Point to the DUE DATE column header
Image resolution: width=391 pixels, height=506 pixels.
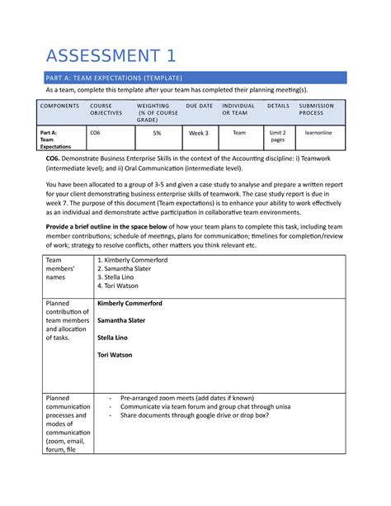pos(199,106)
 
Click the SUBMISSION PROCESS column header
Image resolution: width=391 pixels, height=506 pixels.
pos(318,109)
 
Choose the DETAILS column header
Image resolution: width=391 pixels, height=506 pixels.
pos(278,106)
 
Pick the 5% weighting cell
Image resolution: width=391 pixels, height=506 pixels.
pos(157,131)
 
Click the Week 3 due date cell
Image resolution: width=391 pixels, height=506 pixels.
pos(199,132)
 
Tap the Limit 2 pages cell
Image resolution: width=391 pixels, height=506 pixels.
pos(278,135)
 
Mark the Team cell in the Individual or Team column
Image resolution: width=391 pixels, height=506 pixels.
pos(238,131)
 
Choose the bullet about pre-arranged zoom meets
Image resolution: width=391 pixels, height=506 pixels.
pos(187,397)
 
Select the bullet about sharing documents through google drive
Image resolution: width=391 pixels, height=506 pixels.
pos(194,416)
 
